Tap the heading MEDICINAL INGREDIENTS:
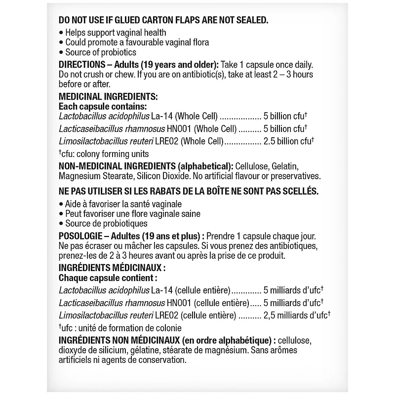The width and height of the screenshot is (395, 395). click(108, 97)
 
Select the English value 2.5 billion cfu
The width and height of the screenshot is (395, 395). click(286, 141)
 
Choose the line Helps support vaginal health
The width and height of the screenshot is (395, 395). click(113, 33)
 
